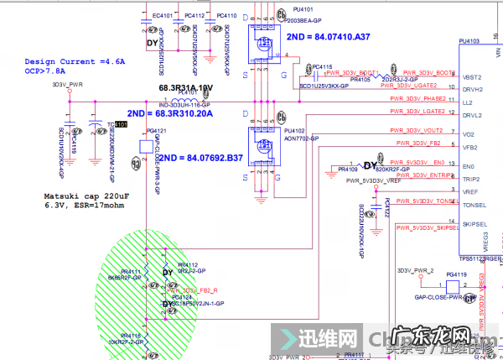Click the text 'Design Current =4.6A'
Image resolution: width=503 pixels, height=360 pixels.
click(x=75, y=62)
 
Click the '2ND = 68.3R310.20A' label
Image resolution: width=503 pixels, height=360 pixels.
click(x=170, y=113)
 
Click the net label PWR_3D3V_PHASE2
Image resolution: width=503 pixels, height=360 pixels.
click(x=417, y=99)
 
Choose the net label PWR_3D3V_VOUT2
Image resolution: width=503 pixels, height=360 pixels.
click(x=417, y=130)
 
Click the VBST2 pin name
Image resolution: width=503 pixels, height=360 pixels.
click(x=472, y=76)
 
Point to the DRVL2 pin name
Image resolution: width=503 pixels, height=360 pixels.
click(x=472, y=116)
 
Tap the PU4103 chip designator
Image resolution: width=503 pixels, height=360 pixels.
click(x=471, y=40)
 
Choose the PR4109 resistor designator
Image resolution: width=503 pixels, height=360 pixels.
click(x=358, y=170)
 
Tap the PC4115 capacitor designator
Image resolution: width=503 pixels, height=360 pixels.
click(x=322, y=66)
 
